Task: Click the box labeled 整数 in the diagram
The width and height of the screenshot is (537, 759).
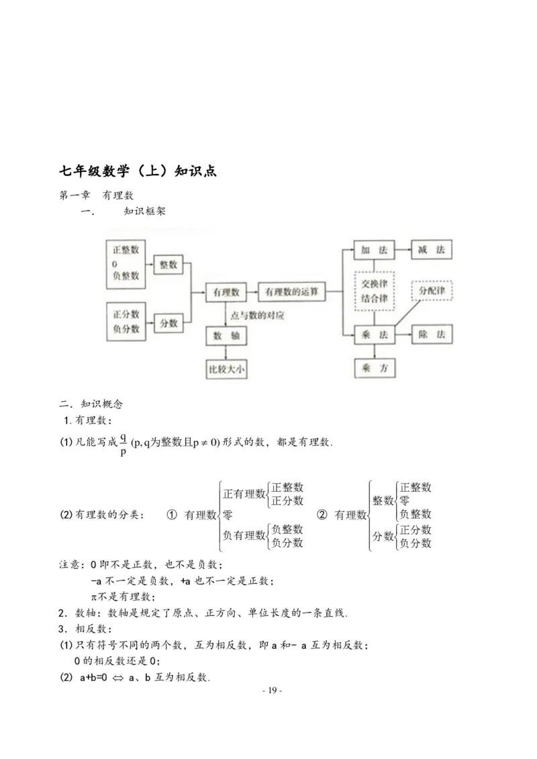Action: tap(168, 265)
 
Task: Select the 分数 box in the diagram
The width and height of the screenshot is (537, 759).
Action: tap(168, 323)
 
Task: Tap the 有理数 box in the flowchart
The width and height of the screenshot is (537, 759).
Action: tap(226, 292)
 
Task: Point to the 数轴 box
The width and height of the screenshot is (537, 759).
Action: tap(226, 335)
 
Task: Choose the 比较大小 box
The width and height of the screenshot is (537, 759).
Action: tap(226, 368)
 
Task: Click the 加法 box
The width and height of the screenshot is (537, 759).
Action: tap(374, 250)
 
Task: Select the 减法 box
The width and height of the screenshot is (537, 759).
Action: tap(431, 250)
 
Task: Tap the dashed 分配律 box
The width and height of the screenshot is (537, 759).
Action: tap(432, 291)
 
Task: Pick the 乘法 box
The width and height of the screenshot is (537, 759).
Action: tap(374, 334)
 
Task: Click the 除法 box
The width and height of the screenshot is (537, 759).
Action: tap(431, 334)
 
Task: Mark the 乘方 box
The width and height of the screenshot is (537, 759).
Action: tap(374, 368)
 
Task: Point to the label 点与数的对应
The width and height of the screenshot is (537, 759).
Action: tap(257, 314)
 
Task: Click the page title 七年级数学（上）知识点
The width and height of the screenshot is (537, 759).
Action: tap(138, 171)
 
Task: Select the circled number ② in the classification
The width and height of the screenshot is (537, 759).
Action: tap(322, 515)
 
